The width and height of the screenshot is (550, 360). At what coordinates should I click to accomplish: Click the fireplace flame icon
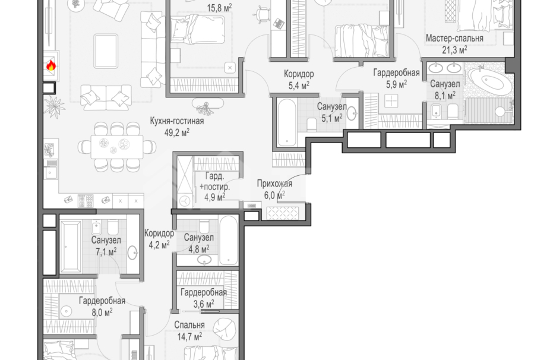(x=51, y=65)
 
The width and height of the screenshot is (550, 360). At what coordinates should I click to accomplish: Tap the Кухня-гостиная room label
(x=177, y=121)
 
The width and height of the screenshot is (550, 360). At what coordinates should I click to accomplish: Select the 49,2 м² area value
(x=177, y=132)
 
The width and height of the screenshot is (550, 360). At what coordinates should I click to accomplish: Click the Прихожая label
(x=274, y=184)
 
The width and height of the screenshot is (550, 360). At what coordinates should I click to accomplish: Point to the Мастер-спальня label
(x=454, y=38)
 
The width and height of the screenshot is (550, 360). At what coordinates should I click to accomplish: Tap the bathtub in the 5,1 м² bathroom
(x=286, y=123)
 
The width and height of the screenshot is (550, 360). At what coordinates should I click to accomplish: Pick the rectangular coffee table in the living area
(x=106, y=51)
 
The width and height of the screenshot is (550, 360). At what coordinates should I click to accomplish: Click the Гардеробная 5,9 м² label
(x=396, y=78)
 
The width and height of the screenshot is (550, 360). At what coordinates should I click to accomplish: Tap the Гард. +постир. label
(x=214, y=182)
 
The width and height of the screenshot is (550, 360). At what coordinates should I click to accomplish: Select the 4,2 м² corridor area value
(x=159, y=245)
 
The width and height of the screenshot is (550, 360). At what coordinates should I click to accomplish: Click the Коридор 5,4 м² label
(x=299, y=80)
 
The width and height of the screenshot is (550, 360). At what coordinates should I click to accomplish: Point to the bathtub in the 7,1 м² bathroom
(x=71, y=247)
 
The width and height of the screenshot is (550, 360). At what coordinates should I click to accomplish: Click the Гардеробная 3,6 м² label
(x=204, y=298)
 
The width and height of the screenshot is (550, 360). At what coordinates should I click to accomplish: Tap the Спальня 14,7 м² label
(x=189, y=331)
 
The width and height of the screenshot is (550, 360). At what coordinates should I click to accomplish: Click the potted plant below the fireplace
(x=55, y=106)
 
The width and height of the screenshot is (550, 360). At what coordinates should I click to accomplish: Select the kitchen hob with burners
(x=86, y=201)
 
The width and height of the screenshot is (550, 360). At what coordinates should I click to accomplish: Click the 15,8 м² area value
(x=219, y=8)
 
